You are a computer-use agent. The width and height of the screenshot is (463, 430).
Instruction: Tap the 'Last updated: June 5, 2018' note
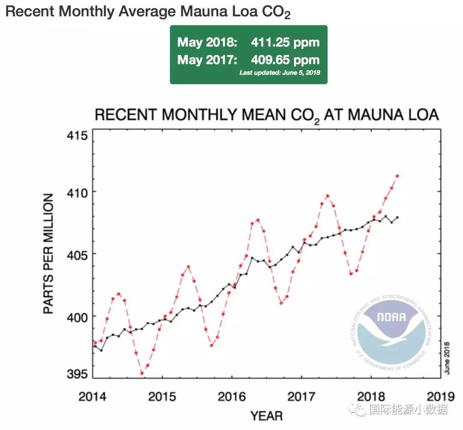click(280, 73)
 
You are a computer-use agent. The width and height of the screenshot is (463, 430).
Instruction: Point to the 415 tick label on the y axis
click(78, 136)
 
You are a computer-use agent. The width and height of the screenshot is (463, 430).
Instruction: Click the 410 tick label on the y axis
click(78, 192)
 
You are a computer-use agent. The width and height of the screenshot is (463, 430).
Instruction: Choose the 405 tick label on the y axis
click(78, 254)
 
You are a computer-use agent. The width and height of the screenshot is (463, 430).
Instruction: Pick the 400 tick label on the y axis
click(78, 317)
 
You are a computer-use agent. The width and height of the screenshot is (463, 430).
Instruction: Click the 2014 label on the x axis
click(92, 396)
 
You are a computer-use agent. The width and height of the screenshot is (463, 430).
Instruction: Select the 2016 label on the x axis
click(231, 396)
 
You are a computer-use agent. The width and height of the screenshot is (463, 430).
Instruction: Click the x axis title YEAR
click(266, 416)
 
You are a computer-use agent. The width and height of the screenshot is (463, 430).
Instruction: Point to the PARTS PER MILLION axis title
click(49, 254)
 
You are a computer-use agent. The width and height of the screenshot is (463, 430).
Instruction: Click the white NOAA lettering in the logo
click(391, 318)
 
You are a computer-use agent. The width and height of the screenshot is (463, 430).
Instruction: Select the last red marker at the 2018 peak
click(397, 176)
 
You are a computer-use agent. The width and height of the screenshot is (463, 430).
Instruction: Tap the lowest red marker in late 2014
click(142, 373)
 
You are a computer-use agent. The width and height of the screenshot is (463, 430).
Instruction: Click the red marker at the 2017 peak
click(328, 196)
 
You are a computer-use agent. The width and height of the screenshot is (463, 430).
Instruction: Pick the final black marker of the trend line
click(397, 217)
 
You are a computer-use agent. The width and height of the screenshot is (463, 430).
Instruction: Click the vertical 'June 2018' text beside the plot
click(447, 358)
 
